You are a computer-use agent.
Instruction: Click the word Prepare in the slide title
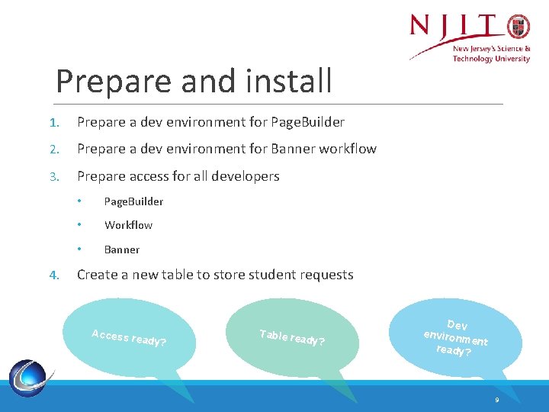tap(114, 82)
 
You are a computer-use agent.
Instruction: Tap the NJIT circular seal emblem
tap(518, 27)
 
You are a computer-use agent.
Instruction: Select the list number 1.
tap(54, 123)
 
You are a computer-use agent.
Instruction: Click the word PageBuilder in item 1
tap(308, 122)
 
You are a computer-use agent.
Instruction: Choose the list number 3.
tap(54, 176)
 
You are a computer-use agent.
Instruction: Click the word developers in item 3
tap(246, 176)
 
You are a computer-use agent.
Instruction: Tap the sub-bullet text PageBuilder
tap(133, 201)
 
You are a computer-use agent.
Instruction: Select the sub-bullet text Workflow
tap(129, 225)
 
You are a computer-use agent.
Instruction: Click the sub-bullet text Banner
tap(122, 249)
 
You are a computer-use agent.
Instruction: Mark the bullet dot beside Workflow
tap(79, 224)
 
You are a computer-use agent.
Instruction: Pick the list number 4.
tap(54, 275)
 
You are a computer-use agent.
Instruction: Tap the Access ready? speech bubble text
tap(129, 338)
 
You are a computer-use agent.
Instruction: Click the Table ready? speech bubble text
tap(292, 338)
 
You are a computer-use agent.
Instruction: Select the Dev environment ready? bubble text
tap(455, 338)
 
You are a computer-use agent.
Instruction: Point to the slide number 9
tap(497, 400)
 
